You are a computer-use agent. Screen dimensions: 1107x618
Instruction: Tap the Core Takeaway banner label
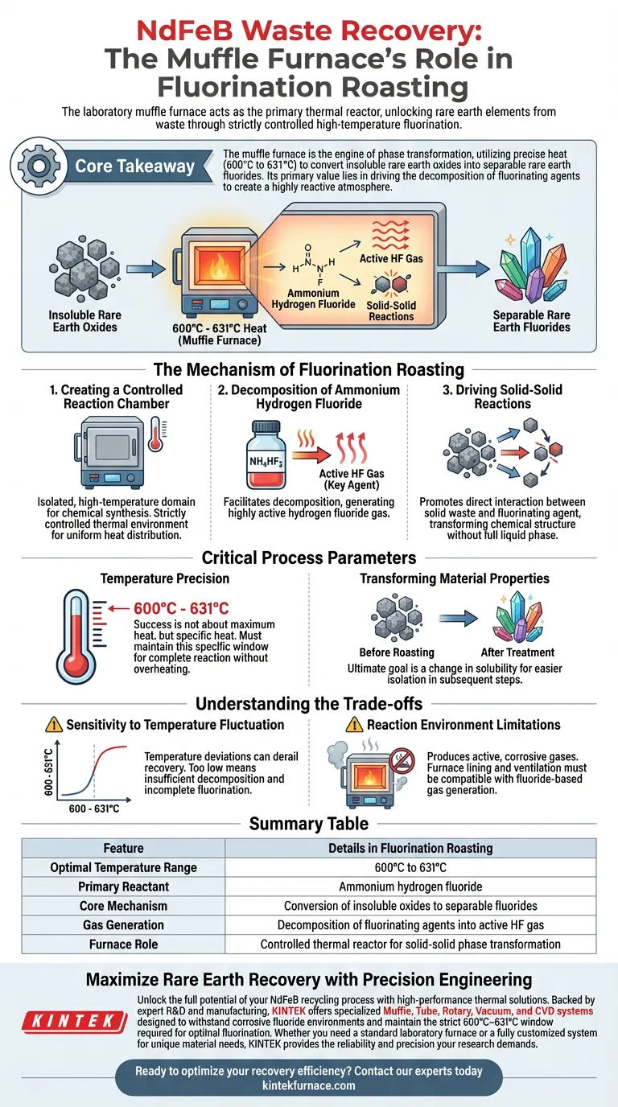point(135,167)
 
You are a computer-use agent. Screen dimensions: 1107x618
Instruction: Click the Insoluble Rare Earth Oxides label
point(84,321)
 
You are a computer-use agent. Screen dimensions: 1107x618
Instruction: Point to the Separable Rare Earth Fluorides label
point(531,321)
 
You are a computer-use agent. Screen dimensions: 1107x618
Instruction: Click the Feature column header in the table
point(123,848)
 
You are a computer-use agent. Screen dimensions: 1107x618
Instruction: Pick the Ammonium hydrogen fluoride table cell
point(410,887)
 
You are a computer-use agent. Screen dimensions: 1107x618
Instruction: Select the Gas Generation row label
point(123,925)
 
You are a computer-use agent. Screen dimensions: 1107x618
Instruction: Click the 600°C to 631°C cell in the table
point(410,867)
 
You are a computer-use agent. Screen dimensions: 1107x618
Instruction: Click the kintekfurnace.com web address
point(309,1085)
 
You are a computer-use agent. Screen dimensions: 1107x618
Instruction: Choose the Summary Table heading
point(309,823)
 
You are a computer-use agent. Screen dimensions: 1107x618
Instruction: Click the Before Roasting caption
point(401,652)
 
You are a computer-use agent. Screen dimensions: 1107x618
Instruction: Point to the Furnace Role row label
point(123,944)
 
